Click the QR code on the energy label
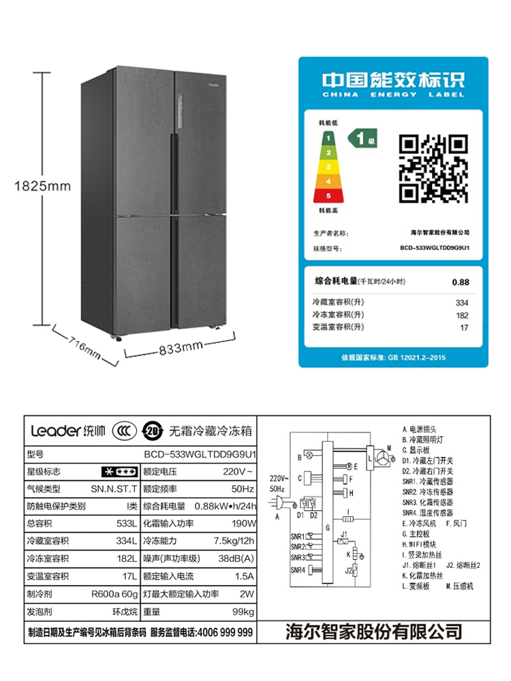pos(433,168)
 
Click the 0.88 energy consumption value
pos(461,281)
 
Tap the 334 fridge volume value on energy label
pos(462,302)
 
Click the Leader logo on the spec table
pos(55,430)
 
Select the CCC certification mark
pos(120,431)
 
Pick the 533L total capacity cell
pos(127,524)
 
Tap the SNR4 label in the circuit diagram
pos(298,569)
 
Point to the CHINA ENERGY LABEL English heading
pos(394,95)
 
